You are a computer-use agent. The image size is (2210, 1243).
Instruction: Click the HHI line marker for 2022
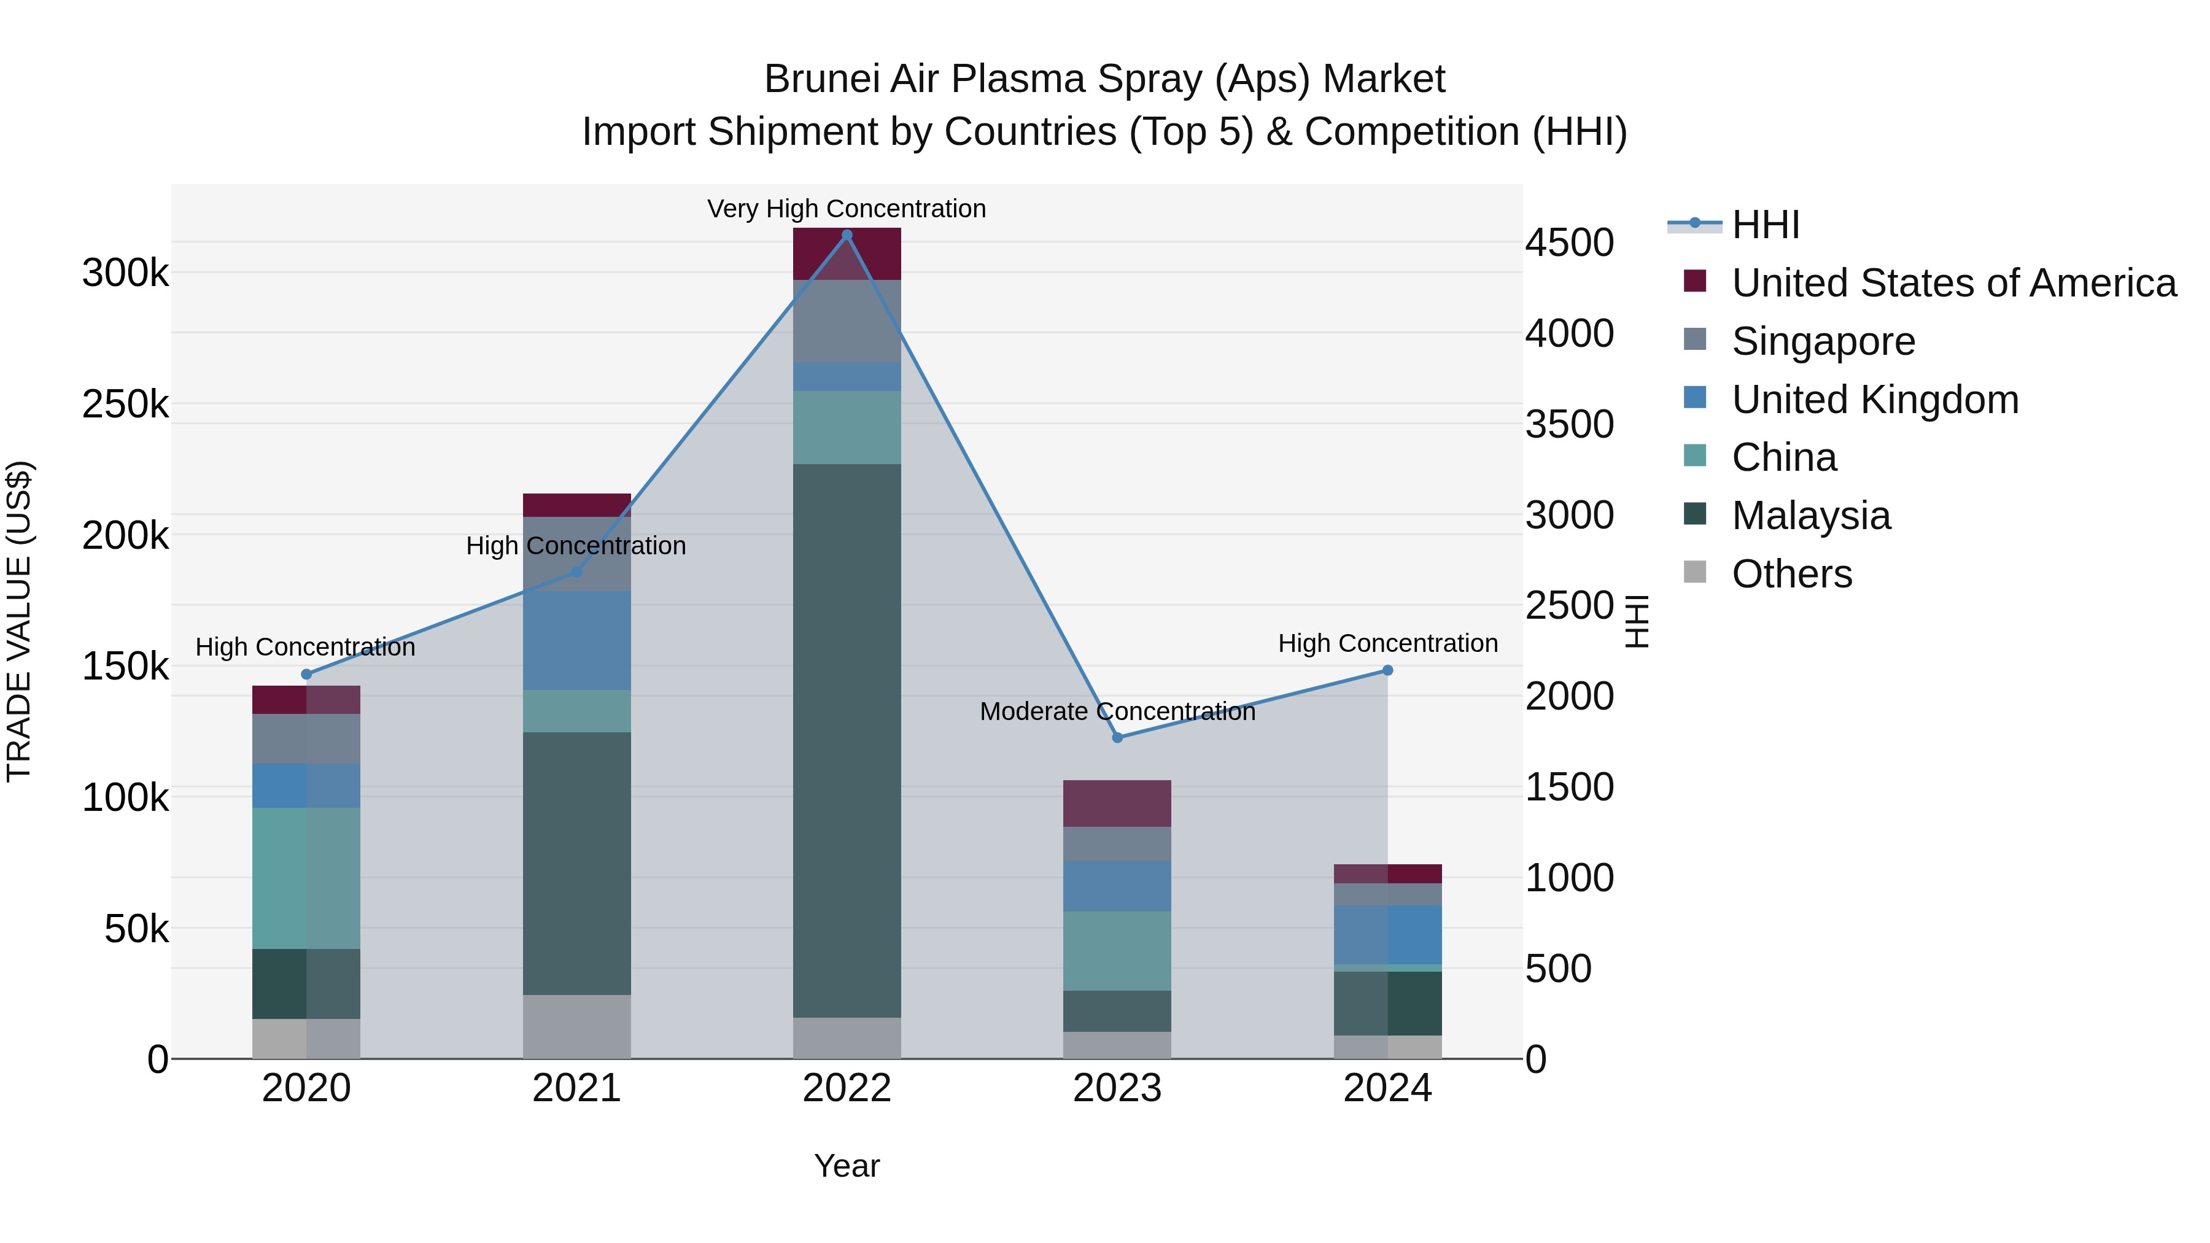[x=847, y=235]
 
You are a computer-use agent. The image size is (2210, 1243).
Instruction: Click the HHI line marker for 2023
[x=1117, y=738]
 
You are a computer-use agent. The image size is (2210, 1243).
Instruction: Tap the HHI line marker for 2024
[x=1387, y=670]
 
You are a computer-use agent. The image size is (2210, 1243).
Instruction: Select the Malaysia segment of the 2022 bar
[x=847, y=740]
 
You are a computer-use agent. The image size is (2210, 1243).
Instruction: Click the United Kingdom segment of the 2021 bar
[x=576, y=640]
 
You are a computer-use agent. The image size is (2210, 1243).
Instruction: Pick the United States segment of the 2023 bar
[x=1117, y=803]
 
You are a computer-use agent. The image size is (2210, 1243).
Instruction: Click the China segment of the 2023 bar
[x=1117, y=950]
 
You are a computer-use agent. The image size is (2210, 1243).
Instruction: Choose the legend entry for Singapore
[x=1823, y=341]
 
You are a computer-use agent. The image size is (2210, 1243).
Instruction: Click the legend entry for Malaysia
[x=1810, y=516]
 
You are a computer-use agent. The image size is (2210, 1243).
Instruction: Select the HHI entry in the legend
[x=1765, y=225]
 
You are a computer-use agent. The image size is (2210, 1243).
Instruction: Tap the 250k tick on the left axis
[x=125, y=404]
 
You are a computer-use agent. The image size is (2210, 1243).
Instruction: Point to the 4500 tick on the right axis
[x=1569, y=242]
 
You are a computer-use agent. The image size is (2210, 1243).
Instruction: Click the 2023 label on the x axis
[x=1117, y=1088]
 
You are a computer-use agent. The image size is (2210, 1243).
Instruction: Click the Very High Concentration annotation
[x=846, y=209]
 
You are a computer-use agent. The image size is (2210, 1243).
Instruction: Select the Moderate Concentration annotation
[x=1117, y=711]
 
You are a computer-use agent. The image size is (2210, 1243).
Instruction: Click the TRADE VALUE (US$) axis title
[x=19, y=621]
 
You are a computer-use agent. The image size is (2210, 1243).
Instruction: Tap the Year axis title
[x=847, y=1166]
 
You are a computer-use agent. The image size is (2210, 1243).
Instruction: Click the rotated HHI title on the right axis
[x=1637, y=621]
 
